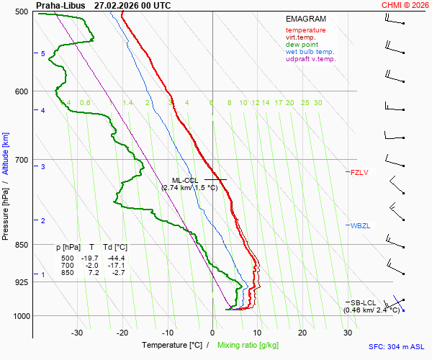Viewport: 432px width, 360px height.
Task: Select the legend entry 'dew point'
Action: point(301,45)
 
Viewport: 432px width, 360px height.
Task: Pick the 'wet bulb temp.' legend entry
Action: point(310,52)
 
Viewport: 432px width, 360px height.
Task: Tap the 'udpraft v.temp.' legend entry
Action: point(311,59)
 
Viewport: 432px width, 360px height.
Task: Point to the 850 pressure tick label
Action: point(22,245)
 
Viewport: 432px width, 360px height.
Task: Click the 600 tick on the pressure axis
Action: point(22,91)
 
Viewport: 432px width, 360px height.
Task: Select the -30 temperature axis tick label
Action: point(77,333)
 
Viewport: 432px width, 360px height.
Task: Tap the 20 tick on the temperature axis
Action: point(302,333)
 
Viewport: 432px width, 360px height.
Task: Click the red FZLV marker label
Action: point(359,172)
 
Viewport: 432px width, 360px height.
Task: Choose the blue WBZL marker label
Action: point(361,226)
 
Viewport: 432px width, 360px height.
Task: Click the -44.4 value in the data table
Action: point(117,258)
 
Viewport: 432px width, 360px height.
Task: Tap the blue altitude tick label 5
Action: point(43,54)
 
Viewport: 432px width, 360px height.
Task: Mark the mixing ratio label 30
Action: point(318,103)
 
